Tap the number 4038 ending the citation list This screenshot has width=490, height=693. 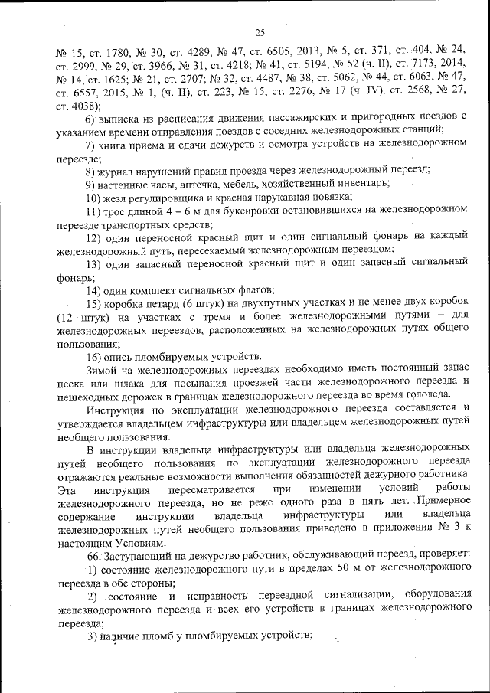pos(83,106)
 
